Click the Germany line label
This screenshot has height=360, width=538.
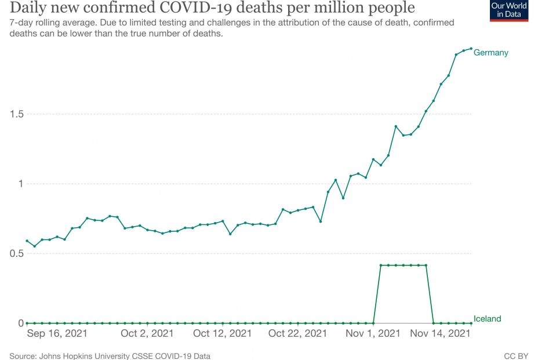pos(490,53)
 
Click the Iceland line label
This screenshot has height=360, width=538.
pos(487,319)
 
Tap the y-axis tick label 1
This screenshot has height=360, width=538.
pos(19,184)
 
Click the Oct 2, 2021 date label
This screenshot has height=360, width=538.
pos(147,334)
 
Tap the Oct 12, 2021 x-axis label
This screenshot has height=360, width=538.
pos(223,334)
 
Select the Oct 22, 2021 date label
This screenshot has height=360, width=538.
pos(298,334)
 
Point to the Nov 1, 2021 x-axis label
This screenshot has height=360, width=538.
pos(373,334)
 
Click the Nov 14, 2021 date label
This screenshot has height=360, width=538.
pos(441,334)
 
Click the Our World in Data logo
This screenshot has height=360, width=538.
pos(508,10)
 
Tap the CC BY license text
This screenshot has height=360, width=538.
pos(515,355)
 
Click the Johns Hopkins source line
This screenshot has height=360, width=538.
pos(110,355)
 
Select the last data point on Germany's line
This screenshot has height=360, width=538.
pos(471,49)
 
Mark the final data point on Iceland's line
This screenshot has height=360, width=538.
pos(471,323)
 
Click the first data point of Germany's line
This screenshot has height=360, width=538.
pos(27,241)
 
